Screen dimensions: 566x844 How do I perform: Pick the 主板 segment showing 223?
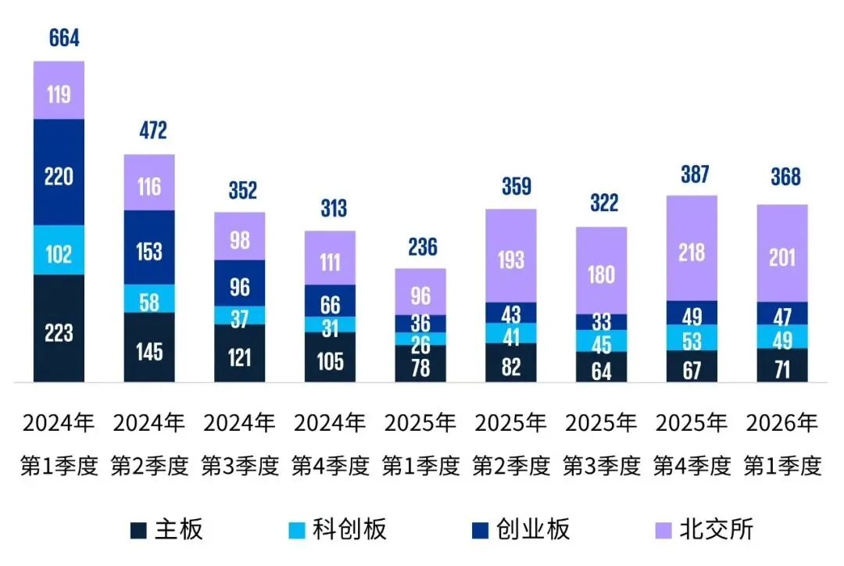(59, 331)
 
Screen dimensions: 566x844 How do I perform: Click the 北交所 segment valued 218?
(692, 251)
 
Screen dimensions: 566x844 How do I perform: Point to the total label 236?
(420, 247)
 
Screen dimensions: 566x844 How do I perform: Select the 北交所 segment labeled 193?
(511, 258)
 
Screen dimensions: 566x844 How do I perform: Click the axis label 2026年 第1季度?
(782, 446)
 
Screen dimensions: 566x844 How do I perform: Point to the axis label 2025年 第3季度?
(601, 446)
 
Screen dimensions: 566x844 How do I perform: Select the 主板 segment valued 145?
(149, 350)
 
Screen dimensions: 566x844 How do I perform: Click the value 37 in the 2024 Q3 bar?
(240, 315)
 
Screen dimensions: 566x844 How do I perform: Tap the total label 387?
(692, 174)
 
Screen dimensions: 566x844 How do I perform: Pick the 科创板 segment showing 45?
(601, 341)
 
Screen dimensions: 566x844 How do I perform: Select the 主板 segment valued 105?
(331, 360)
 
